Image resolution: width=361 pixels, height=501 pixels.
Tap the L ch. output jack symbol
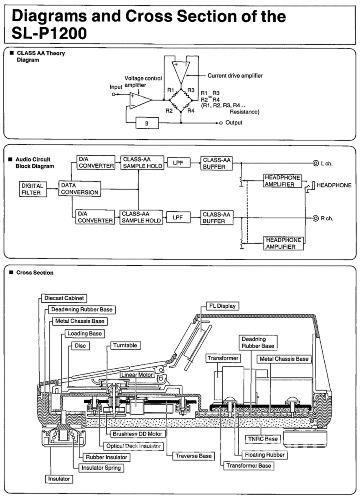pos(312,163)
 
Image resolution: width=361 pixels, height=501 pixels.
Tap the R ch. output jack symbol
pos(312,218)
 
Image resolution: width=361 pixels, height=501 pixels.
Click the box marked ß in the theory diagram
pos(147,123)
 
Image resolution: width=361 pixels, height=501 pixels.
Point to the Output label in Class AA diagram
pos(234,123)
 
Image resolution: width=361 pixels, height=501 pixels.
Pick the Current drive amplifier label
pos(235,76)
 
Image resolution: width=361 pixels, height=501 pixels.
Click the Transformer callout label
pos(223,358)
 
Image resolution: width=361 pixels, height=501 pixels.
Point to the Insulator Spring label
pos(102,468)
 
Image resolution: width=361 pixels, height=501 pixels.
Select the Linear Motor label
pos(137,375)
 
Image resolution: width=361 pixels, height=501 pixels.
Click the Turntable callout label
pos(127,346)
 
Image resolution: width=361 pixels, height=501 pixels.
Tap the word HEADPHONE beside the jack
pos(334,185)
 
